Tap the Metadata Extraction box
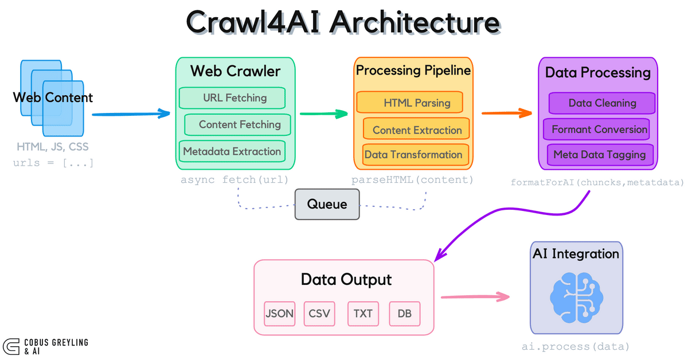coord(232,151)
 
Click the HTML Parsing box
coord(409,103)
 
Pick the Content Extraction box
coord(416,130)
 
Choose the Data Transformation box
coord(413,155)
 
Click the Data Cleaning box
coord(602,103)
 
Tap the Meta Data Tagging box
coord(600,154)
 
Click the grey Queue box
coord(327,204)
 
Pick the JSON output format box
coord(279,314)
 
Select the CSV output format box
coord(319,314)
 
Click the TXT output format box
coord(363,314)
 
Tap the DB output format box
coord(404,314)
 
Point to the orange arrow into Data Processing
coord(507,113)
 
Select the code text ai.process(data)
coord(576,347)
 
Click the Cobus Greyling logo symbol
coord(11,346)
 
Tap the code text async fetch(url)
coord(234,179)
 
